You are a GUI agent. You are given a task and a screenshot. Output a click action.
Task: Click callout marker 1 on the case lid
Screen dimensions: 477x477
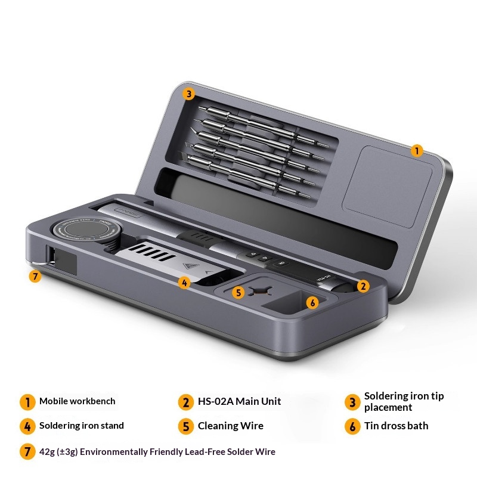coord(417,150)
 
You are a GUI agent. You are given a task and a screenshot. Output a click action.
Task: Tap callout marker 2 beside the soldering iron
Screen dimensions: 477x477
coord(363,286)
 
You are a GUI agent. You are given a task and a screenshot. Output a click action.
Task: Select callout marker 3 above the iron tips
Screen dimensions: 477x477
coord(188,94)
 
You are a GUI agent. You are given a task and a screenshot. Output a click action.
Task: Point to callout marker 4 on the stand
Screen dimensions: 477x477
coord(184,283)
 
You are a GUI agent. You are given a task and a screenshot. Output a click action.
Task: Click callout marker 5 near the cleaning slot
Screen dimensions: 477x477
coord(238,293)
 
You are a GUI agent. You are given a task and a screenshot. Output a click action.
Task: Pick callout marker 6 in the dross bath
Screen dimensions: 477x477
coord(312,302)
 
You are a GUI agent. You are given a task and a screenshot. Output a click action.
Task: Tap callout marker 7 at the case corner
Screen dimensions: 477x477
coord(35,276)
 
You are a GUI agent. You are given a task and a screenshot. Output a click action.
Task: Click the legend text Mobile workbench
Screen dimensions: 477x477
coord(78,401)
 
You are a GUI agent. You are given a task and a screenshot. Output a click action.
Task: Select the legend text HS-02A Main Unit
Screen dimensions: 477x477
coord(240,401)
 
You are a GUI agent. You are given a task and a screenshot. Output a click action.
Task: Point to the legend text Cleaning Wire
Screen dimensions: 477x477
coord(231,426)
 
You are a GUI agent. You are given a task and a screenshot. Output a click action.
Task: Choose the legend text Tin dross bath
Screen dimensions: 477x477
coord(396,426)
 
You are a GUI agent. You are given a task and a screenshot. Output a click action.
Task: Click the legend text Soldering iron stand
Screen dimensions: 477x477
coord(82,426)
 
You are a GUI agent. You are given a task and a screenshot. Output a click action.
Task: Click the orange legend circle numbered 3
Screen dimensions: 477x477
coord(352,402)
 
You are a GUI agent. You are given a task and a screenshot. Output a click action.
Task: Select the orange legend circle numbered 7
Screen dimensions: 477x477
coord(27,452)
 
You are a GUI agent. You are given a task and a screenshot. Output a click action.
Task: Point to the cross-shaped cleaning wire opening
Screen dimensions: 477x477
coord(261,292)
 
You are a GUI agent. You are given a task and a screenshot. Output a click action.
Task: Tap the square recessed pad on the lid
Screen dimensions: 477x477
coord(388,187)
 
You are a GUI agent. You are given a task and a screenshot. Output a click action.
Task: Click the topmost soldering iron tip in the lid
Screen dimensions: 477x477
coord(264,126)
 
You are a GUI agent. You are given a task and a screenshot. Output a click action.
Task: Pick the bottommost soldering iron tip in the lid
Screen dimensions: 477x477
coord(248,176)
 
